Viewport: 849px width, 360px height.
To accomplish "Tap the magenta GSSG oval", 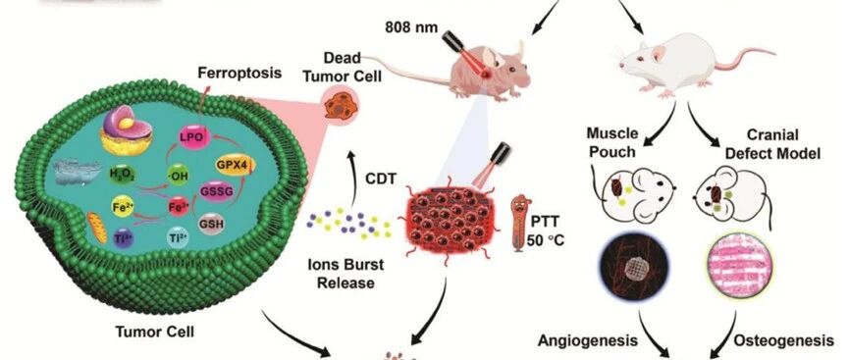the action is click(212, 192).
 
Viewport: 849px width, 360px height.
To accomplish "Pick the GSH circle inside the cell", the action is click(210, 222).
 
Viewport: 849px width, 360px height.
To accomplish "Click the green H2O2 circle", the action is click(122, 176).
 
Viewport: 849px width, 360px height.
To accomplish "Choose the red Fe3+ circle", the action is click(178, 207).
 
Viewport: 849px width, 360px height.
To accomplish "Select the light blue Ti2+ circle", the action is click(178, 237).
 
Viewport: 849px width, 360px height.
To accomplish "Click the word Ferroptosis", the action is click(239, 72).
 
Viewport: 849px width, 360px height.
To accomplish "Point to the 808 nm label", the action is click(411, 27).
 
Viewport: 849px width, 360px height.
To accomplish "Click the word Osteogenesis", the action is click(783, 340).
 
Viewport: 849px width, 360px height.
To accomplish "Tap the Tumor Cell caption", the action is click(155, 331).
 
